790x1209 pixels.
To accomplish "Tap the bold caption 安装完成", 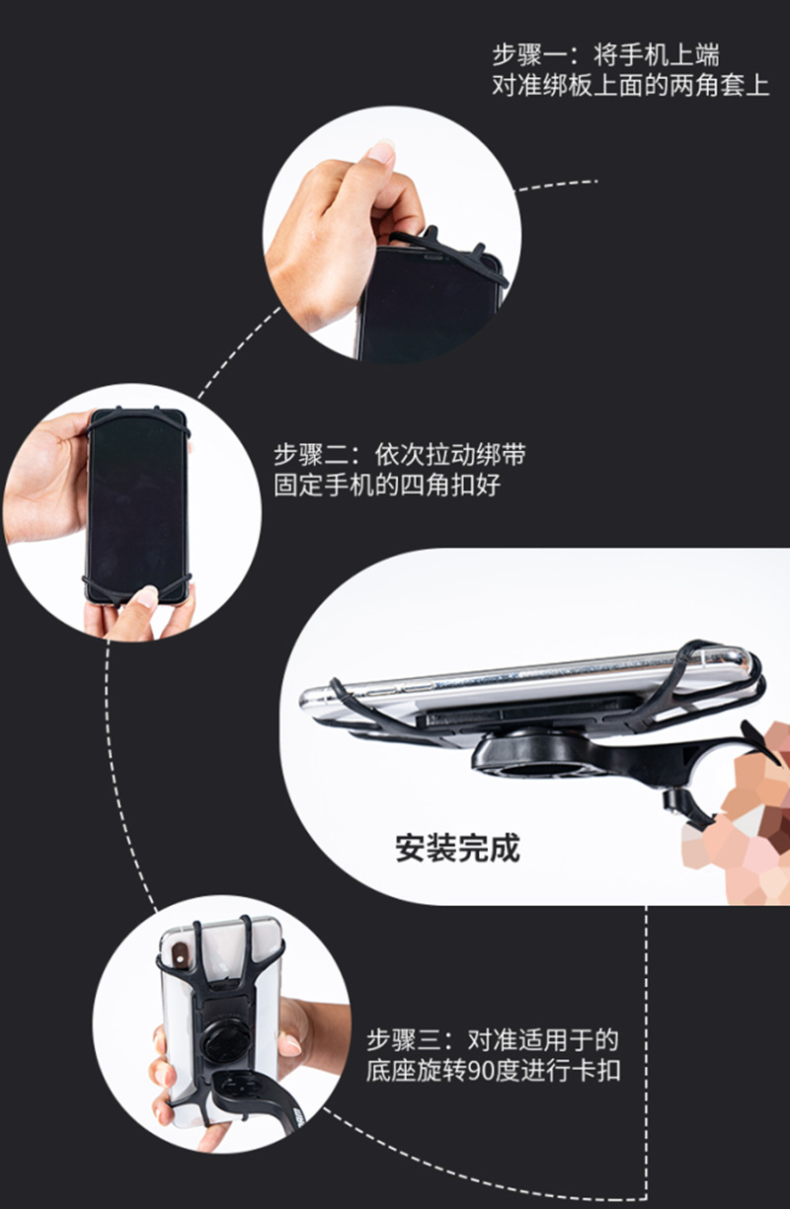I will [x=457, y=848].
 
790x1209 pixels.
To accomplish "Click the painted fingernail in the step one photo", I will [x=380, y=152].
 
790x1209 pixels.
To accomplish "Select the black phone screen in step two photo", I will [x=137, y=503].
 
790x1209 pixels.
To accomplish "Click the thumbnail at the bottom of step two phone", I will [x=145, y=596].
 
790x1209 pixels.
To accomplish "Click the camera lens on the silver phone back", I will [x=181, y=953].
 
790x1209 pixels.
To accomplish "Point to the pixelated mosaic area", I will [x=746, y=809].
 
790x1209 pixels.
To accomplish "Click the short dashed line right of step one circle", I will [x=558, y=184].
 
